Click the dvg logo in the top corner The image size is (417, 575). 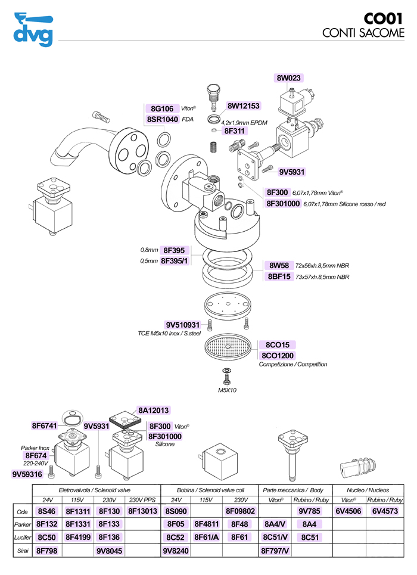click(x=33, y=29)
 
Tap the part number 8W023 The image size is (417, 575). click(x=289, y=78)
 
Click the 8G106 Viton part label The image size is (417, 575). click(x=162, y=108)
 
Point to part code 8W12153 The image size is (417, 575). click(x=244, y=106)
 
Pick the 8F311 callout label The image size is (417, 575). click(x=235, y=130)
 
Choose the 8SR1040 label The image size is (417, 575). click(x=162, y=119)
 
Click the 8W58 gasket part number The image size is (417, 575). click(x=279, y=265)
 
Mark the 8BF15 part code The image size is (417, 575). click(x=279, y=276)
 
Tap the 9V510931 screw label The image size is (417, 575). click(x=183, y=325)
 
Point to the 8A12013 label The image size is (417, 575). click(x=154, y=410)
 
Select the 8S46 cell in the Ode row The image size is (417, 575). click(x=46, y=511)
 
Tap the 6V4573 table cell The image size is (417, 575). click(x=385, y=511)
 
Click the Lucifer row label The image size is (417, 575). click(x=21, y=537)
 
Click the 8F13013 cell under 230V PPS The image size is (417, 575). click(x=142, y=511)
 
